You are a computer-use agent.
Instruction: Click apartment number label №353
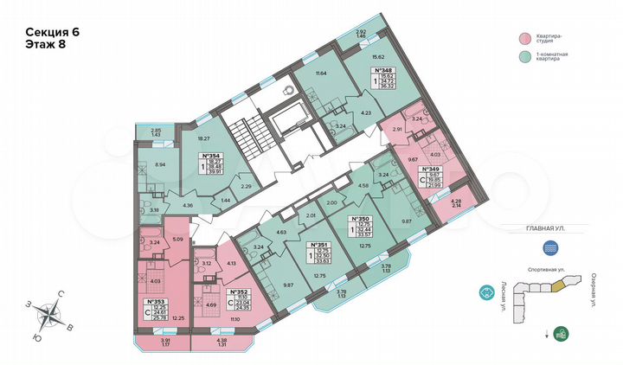156,302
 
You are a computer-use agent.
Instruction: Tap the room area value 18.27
204,138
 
